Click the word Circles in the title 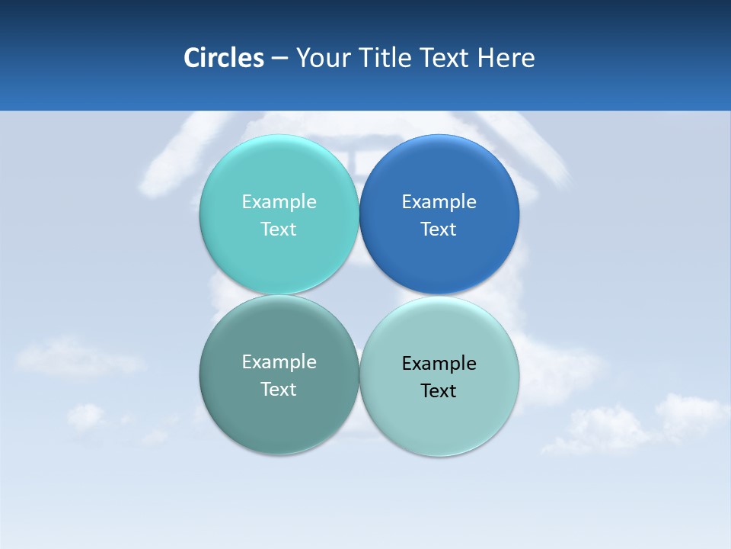click(223, 58)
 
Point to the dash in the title click(279, 59)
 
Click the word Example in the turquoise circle click(279, 201)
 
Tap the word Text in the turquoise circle click(279, 229)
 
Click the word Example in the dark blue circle click(439, 201)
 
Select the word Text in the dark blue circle click(439, 229)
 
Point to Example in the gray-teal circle click(279, 361)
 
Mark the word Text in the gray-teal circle click(279, 389)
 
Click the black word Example click(439, 363)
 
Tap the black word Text click(439, 390)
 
